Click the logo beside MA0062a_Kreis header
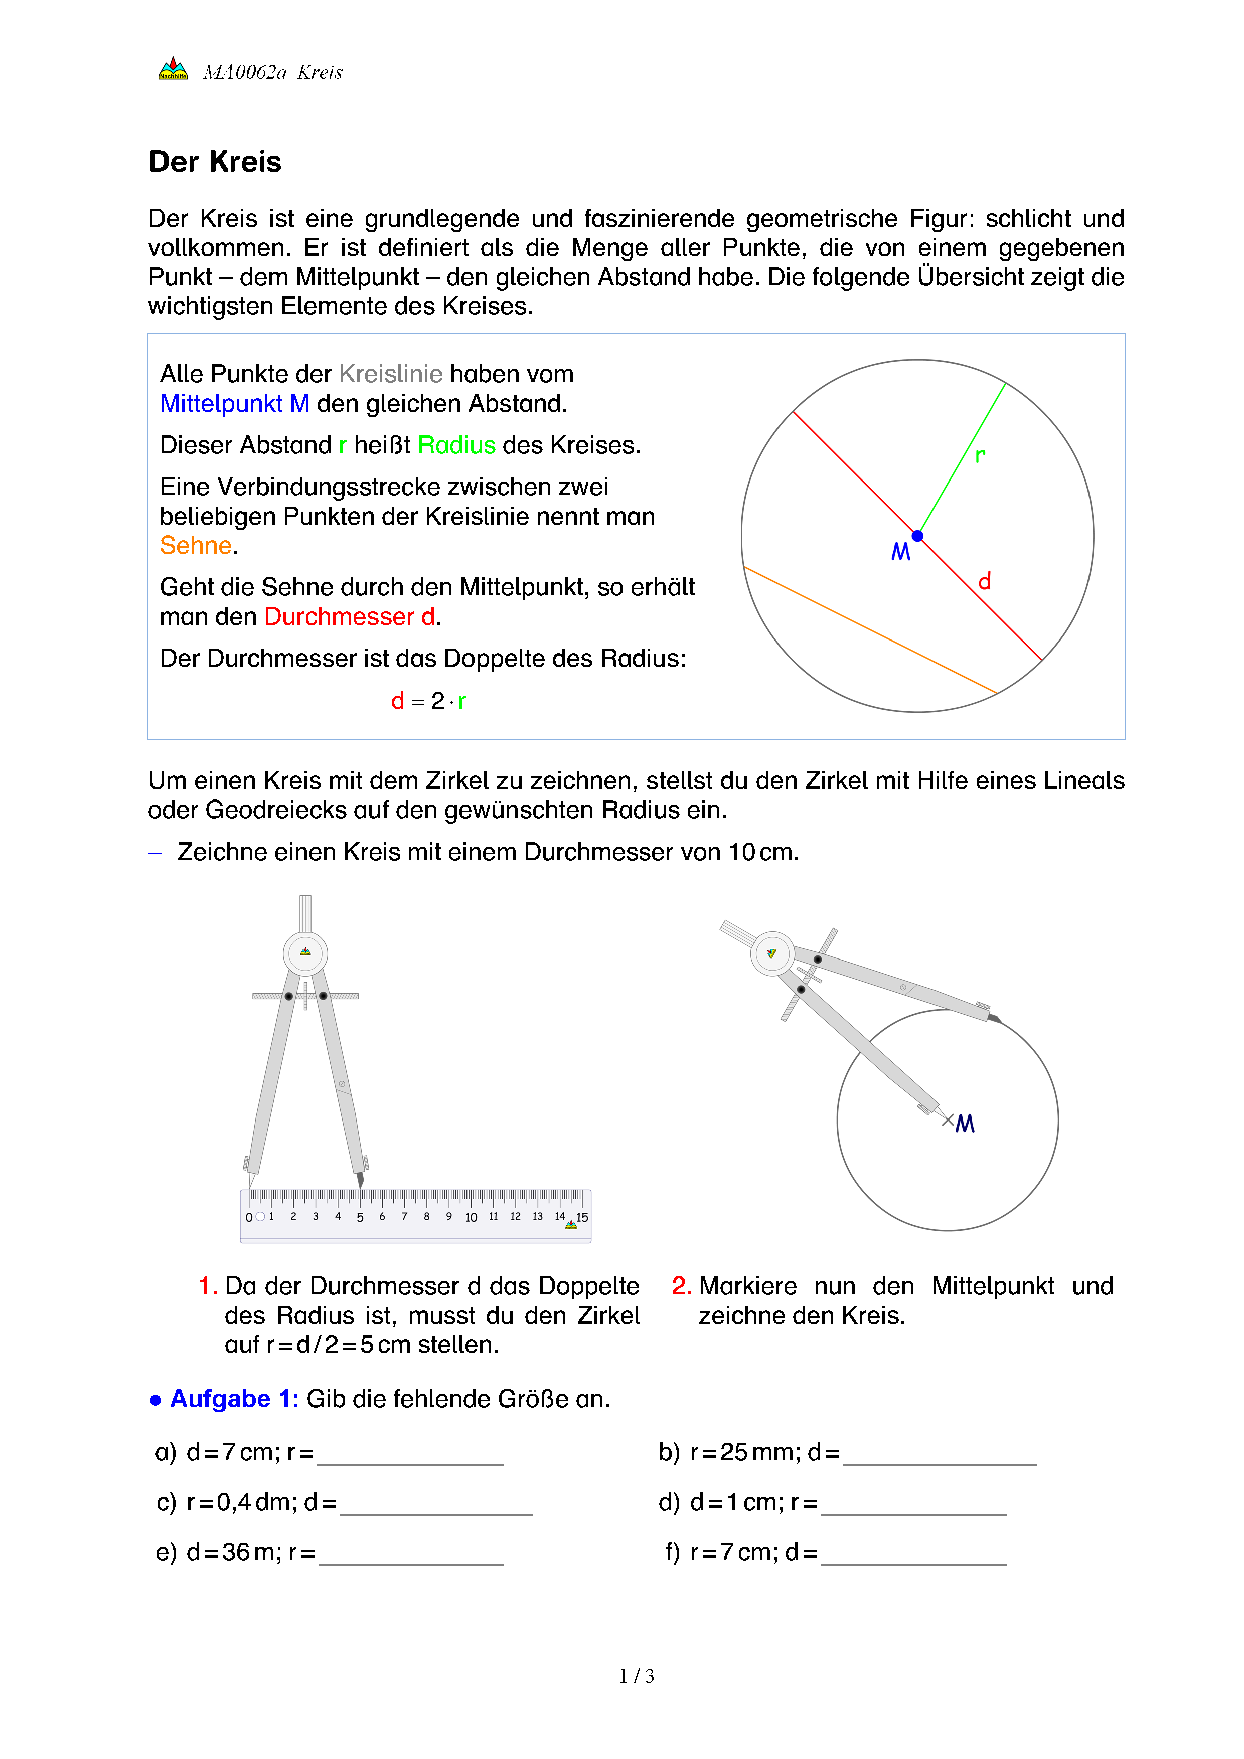tap(173, 70)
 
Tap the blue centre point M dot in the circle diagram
tap(917, 536)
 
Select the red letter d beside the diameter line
tap(984, 581)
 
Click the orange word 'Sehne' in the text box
tap(195, 546)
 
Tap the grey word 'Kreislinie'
tap(391, 374)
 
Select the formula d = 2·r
tap(428, 701)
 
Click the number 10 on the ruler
tap(471, 1217)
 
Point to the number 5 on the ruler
tap(360, 1217)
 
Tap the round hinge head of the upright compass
tap(305, 953)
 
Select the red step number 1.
tap(207, 1286)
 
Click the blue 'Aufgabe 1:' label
tap(234, 1399)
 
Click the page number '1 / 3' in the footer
tap(637, 1676)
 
